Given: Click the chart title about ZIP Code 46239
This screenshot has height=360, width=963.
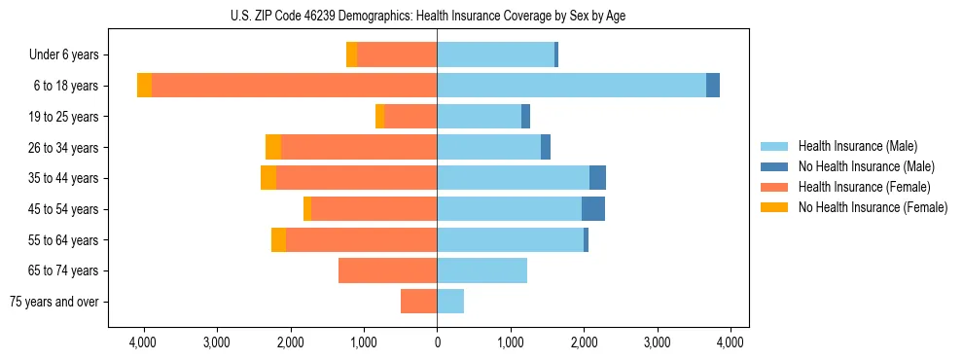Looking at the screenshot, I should coord(438,15).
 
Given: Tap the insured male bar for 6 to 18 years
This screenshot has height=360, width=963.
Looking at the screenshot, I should coord(571,86).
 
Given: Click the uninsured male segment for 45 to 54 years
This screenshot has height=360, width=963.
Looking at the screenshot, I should coord(593,209).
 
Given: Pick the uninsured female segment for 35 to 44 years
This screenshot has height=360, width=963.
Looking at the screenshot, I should coord(268,178).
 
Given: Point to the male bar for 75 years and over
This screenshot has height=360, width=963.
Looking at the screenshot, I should coord(450,302).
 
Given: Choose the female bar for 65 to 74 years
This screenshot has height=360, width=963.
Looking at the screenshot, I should coord(387,270).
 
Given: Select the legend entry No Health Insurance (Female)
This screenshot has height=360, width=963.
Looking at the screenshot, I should coord(873,207).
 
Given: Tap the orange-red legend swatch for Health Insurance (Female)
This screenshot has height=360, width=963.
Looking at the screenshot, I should coord(774,187).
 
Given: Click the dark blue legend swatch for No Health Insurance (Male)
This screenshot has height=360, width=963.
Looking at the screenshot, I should coord(774,166).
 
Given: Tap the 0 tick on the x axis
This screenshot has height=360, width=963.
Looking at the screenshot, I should coord(437,342).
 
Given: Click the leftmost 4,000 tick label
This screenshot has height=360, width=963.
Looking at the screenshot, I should coord(143,342).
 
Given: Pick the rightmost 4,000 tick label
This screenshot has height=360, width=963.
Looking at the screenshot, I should coord(731,342).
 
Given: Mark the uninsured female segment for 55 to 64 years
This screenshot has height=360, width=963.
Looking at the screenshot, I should coord(278,240).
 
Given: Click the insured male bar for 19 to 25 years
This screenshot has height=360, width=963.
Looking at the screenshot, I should coord(479,117).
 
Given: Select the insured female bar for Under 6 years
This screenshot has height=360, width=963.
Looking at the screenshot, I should coord(397,55).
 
